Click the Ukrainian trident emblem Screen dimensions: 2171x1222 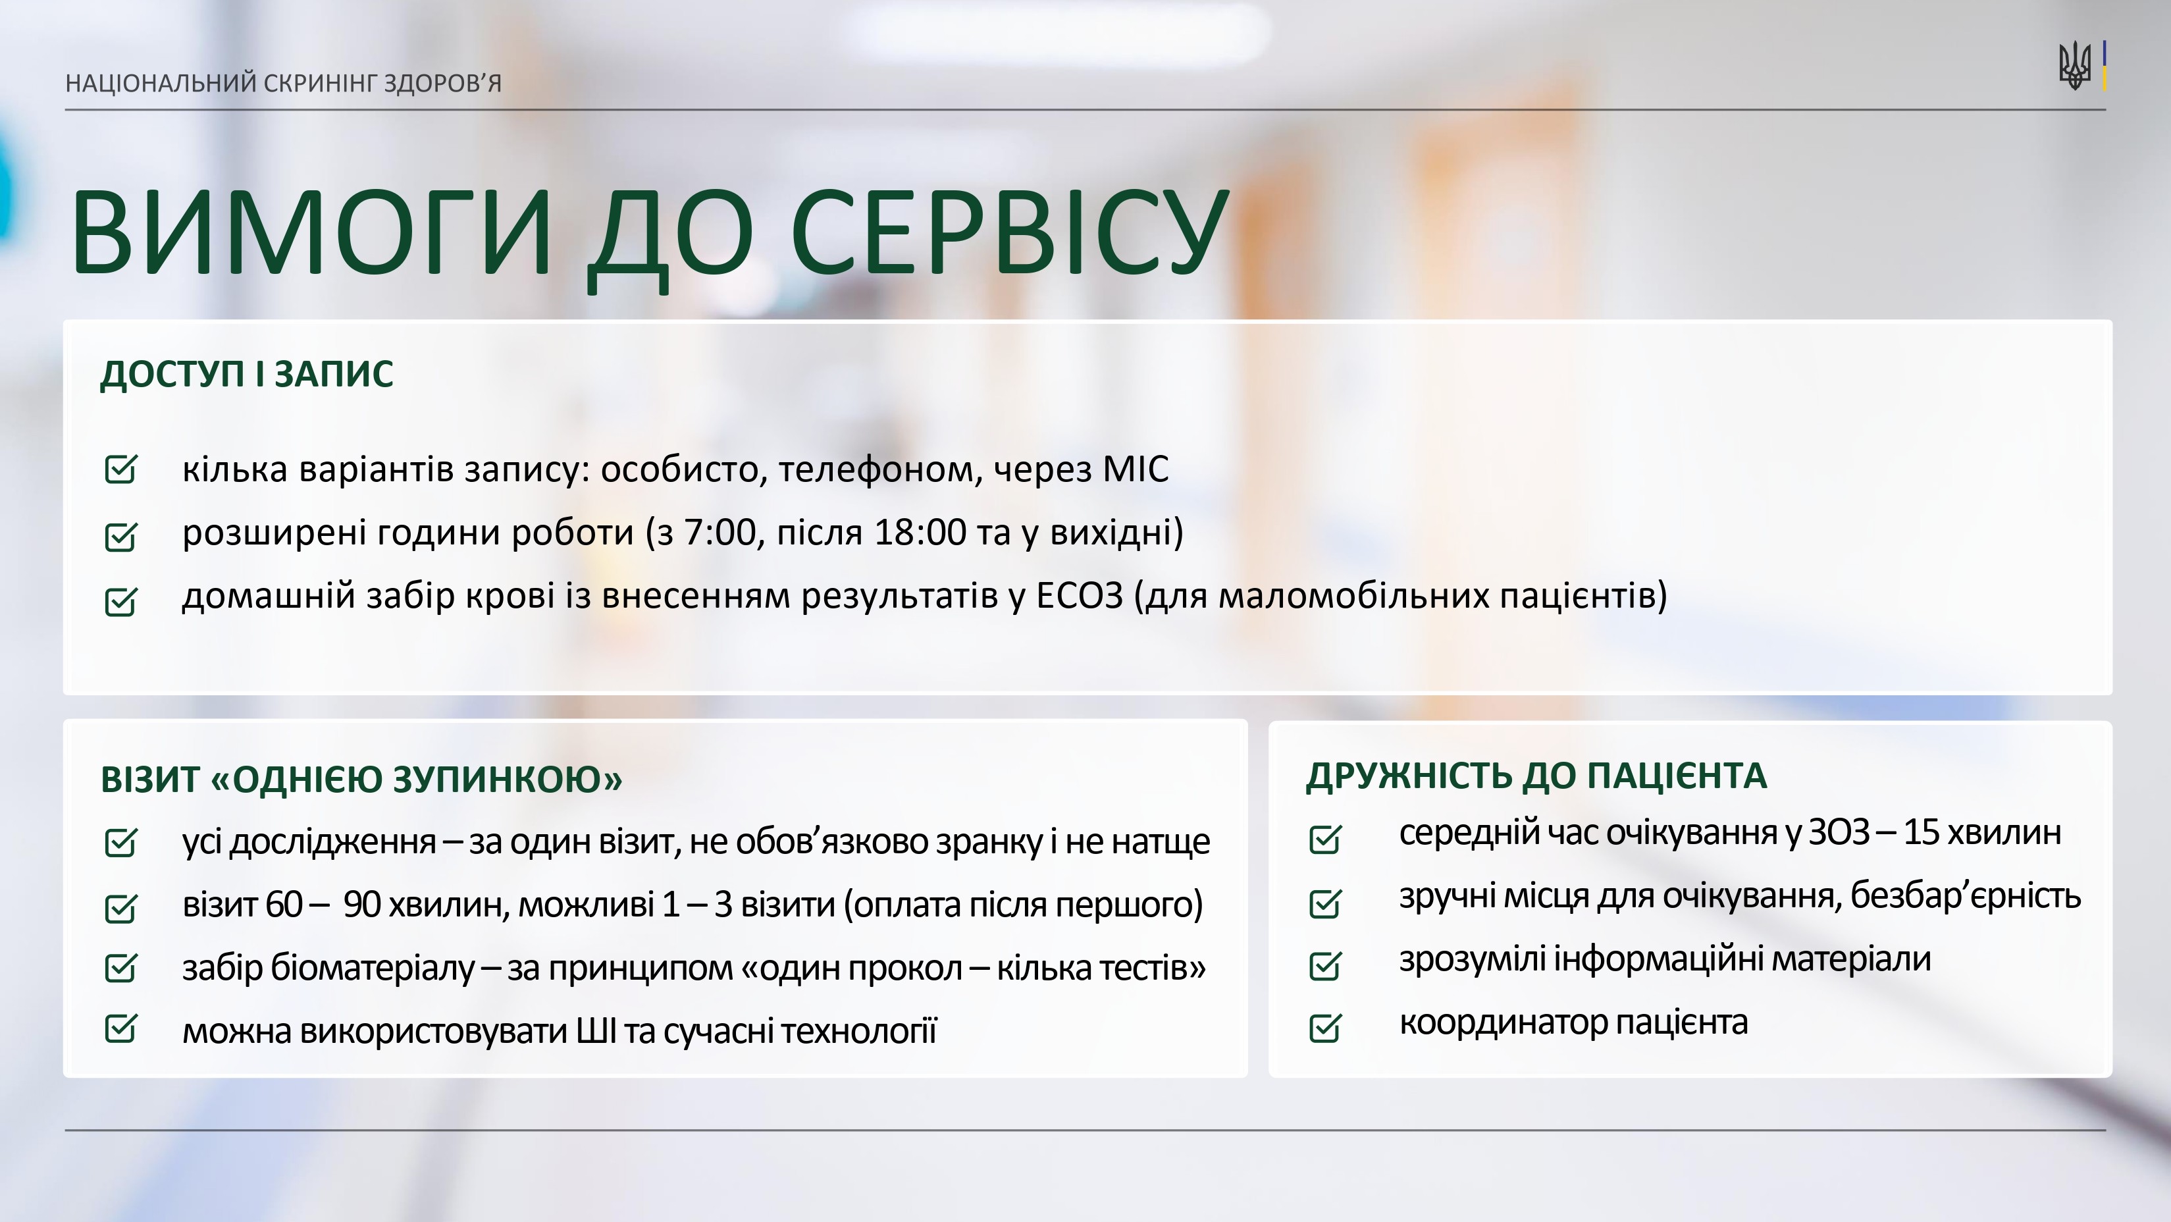[x=2074, y=66]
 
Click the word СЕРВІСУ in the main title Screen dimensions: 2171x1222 [x=1010, y=232]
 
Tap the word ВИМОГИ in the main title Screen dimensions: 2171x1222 [x=311, y=232]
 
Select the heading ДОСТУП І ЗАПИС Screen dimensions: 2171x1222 [x=247, y=374]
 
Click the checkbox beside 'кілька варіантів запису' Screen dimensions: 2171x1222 [x=120, y=469]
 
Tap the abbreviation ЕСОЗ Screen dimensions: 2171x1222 [x=1080, y=596]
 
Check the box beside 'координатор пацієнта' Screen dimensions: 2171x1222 [x=1326, y=1026]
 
